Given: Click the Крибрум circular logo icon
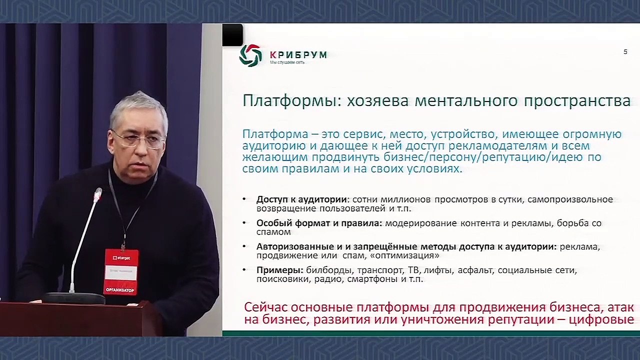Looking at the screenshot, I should pos(250,55).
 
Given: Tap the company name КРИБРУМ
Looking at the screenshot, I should pos(298,54).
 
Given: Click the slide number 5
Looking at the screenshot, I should pos(625,52).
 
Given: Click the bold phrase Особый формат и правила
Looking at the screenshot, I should pos(319,223).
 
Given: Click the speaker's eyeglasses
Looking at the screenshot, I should pos(139,139).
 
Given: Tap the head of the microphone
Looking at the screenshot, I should pos(98,193).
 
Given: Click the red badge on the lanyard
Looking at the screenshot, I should pos(120,272).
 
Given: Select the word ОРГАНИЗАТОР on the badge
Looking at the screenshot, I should pos(120,290).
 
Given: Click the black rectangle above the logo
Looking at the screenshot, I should pos(232,35).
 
